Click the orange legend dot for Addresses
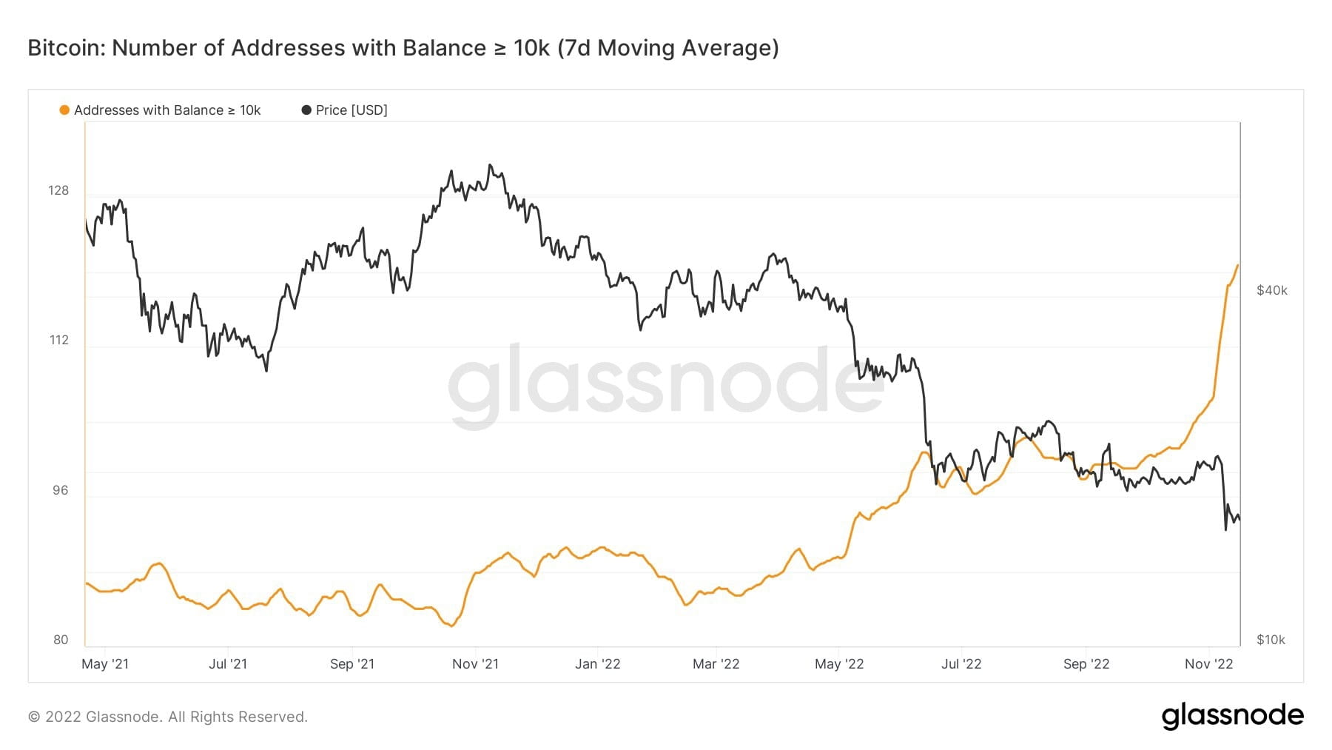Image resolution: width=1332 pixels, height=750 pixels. pyautogui.click(x=64, y=110)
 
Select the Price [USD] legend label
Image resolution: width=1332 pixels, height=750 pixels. pyautogui.click(x=351, y=110)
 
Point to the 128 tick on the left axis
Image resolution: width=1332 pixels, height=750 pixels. pyautogui.click(x=58, y=190)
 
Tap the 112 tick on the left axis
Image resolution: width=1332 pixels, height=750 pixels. pyautogui.click(x=59, y=340)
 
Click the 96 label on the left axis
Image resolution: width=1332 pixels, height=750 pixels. pyautogui.click(x=61, y=490)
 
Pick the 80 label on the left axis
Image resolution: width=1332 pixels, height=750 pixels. pyautogui.click(x=61, y=640)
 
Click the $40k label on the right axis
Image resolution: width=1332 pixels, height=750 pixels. pyautogui.click(x=1271, y=290)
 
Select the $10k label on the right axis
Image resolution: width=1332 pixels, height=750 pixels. pyautogui.click(x=1271, y=640)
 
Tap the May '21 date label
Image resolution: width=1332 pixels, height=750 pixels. pyautogui.click(x=105, y=664)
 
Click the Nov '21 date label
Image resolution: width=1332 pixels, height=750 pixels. pyautogui.click(x=475, y=664)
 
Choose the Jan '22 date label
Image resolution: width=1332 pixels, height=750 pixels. pyautogui.click(x=597, y=664)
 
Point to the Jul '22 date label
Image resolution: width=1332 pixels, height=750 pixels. pyautogui.click(x=961, y=664)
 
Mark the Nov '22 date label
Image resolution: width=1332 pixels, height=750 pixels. pyautogui.click(x=1208, y=664)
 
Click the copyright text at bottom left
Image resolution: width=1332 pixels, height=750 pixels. pyautogui.click(x=167, y=717)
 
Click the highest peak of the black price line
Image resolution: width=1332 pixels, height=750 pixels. pyautogui.click(x=489, y=165)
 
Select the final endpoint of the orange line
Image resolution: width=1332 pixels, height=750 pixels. pyautogui.click(x=1237, y=265)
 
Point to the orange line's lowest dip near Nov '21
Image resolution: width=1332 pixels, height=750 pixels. pyautogui.click(x=451, y=626)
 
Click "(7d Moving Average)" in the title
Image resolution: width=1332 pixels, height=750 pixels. pyautogui.click(x=668, y=48)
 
